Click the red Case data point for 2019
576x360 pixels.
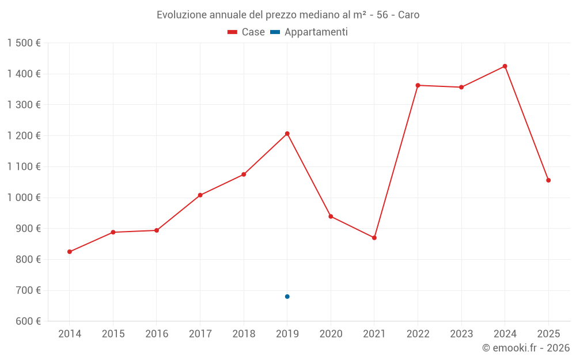point(287,134)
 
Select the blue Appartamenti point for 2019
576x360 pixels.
point(287,297)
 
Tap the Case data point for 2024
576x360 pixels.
point(505,66)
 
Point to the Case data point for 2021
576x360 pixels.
point(374,238)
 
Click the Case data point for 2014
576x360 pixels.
point(70,252)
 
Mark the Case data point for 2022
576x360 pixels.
point(418,85)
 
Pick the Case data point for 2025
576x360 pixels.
point(548,180)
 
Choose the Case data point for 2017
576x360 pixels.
point(200,195)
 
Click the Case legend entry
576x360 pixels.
point(246,32)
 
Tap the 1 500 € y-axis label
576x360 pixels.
point(24,43)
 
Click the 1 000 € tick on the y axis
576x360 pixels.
point(24,198)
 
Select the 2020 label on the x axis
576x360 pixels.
point(331,334)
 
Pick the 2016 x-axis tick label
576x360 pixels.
point(157,334)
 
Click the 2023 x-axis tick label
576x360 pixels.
point(461,334)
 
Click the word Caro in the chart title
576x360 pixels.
point(408,14)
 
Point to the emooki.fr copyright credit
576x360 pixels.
point(526,348)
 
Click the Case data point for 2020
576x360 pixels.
point(331,217)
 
